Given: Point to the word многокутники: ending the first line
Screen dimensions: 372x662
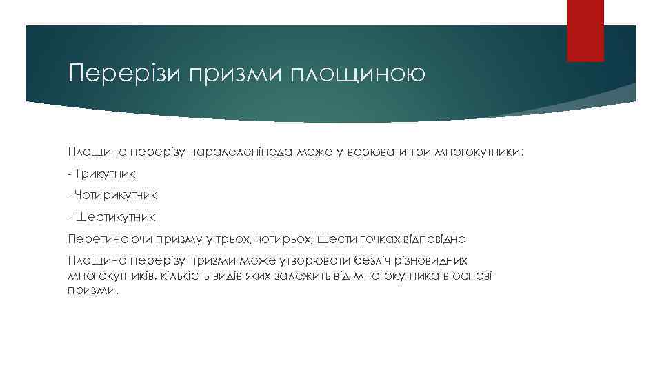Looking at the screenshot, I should [482, 151].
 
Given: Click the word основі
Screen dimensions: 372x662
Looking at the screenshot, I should [475, 276].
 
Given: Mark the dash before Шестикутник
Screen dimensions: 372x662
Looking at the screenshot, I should [70, 218].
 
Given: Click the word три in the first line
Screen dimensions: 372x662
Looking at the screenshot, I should [421, 151].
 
